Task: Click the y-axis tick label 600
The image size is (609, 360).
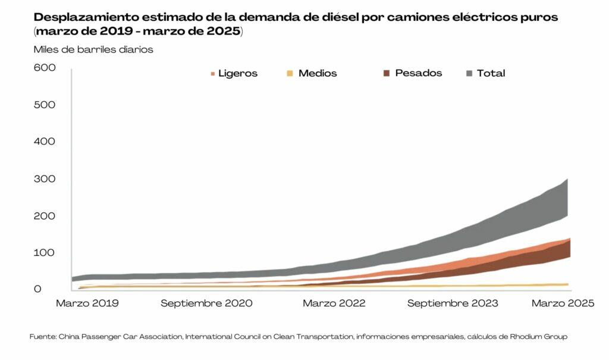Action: click(x=45, y=68)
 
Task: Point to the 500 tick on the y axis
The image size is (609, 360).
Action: click(x=45, y=105)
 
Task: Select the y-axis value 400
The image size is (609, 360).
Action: click(x=45, y=142)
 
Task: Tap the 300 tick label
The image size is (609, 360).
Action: click(x=45, y=179)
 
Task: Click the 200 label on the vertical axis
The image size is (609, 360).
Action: click(x=45, y=215)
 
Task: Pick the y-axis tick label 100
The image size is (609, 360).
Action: click(x=45, y=252)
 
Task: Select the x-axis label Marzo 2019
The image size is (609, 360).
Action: click(x=87, y=303)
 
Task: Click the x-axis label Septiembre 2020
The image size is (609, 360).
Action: click(x=206, y=303)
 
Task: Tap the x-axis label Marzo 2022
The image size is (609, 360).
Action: click(x=334, y=303)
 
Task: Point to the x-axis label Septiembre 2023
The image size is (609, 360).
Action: click(x=453, y=303)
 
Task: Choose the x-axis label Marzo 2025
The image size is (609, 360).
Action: click(x=563, y=303)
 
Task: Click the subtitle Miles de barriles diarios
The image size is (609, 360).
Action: click(x=93, y=49)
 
